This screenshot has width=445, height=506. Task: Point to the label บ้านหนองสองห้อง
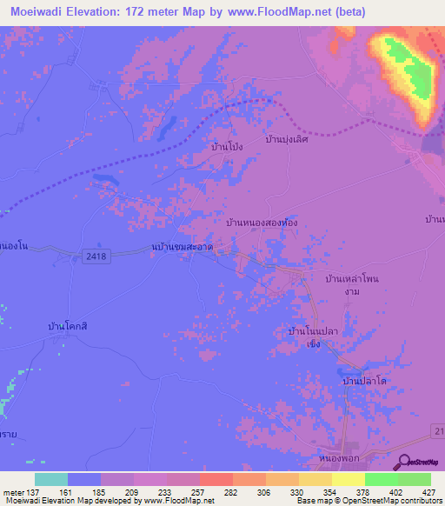pyautogui.click(x=262, y=223)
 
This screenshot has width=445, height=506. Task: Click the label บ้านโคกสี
pyautogui.click(x=70, y=326)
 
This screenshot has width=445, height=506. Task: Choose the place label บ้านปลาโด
pyautogui.click(x=364, y=381)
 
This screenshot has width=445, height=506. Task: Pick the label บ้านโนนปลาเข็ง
pyautogui.click(x=313, y=336)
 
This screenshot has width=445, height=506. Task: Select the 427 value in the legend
pyautogui.click(x=430, y=493)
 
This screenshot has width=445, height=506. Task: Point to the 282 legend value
pyautogui.click(x=232, y=493)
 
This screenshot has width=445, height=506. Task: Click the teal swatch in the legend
pyautogui.click(x=51, y=479)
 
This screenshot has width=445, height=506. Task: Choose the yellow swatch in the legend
pyautogui.click(x=348, y=479)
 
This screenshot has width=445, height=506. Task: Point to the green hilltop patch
pyautogui.click(x=404, y=65)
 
